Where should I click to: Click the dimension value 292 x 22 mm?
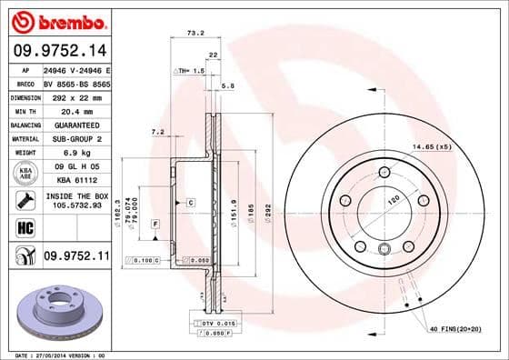pos(75,96)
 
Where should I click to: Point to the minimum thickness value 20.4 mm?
pos(75,110)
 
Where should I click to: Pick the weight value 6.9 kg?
pos(75,153)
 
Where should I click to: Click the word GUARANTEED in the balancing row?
pos(75,125)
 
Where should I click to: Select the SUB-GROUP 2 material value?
pos(75,138)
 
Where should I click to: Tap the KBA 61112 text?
pos(75,180)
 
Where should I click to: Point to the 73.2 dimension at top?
pos(195,33)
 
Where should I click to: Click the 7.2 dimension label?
pos(156,132)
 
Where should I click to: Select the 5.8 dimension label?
pos(228,85)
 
